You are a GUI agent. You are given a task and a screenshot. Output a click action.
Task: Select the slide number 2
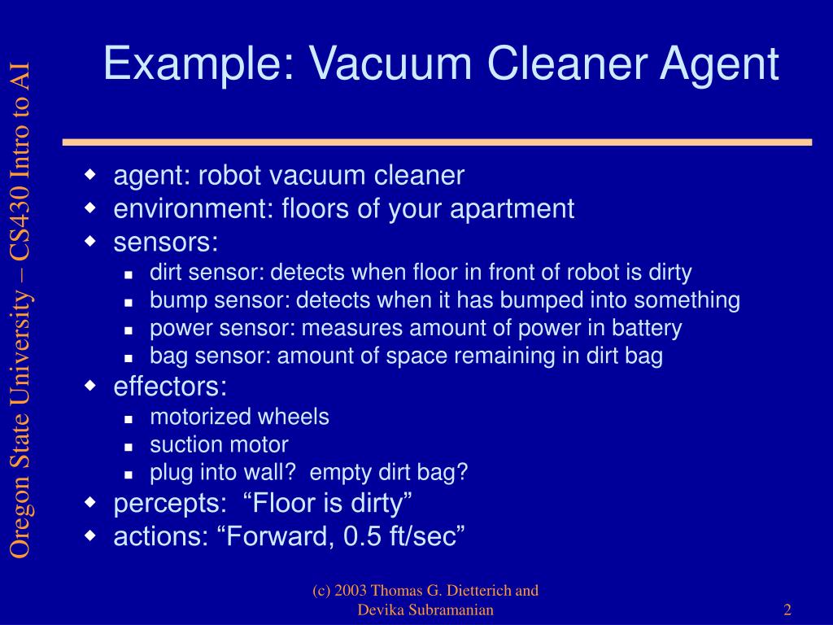coord(788,610)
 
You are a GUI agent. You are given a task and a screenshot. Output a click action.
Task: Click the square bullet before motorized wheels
coord(129,418)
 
